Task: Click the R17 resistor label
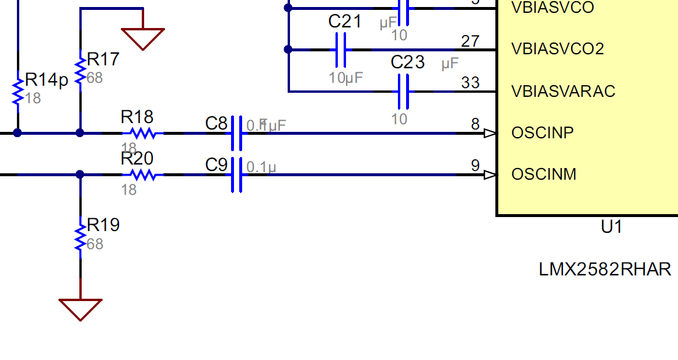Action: tap(103, 59)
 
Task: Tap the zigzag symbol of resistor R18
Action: tap(143, 133)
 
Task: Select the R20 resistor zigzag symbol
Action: tap(143, 174)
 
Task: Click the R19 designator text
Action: tap(103, 225)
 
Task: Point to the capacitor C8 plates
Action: tap(236, 133)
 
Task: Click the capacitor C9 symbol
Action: tap(236, 174)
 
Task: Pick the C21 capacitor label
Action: tap(345, 22)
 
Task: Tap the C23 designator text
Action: tap(408, 62)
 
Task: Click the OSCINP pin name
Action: tap(543, 132)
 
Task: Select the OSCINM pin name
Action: tap(544, 174)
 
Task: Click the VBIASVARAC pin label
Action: tap(563, 91)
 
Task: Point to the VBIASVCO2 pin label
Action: tap(557, 48)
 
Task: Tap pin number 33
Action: tap(470, 82)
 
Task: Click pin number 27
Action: tap(470, 41)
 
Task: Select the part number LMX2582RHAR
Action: tap(604, 269)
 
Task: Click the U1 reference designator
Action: tap(611, 226)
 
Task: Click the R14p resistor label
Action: tap(47, 80)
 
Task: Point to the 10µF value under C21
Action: tap(346, 77)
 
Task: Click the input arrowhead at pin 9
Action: tap(491, 174)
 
